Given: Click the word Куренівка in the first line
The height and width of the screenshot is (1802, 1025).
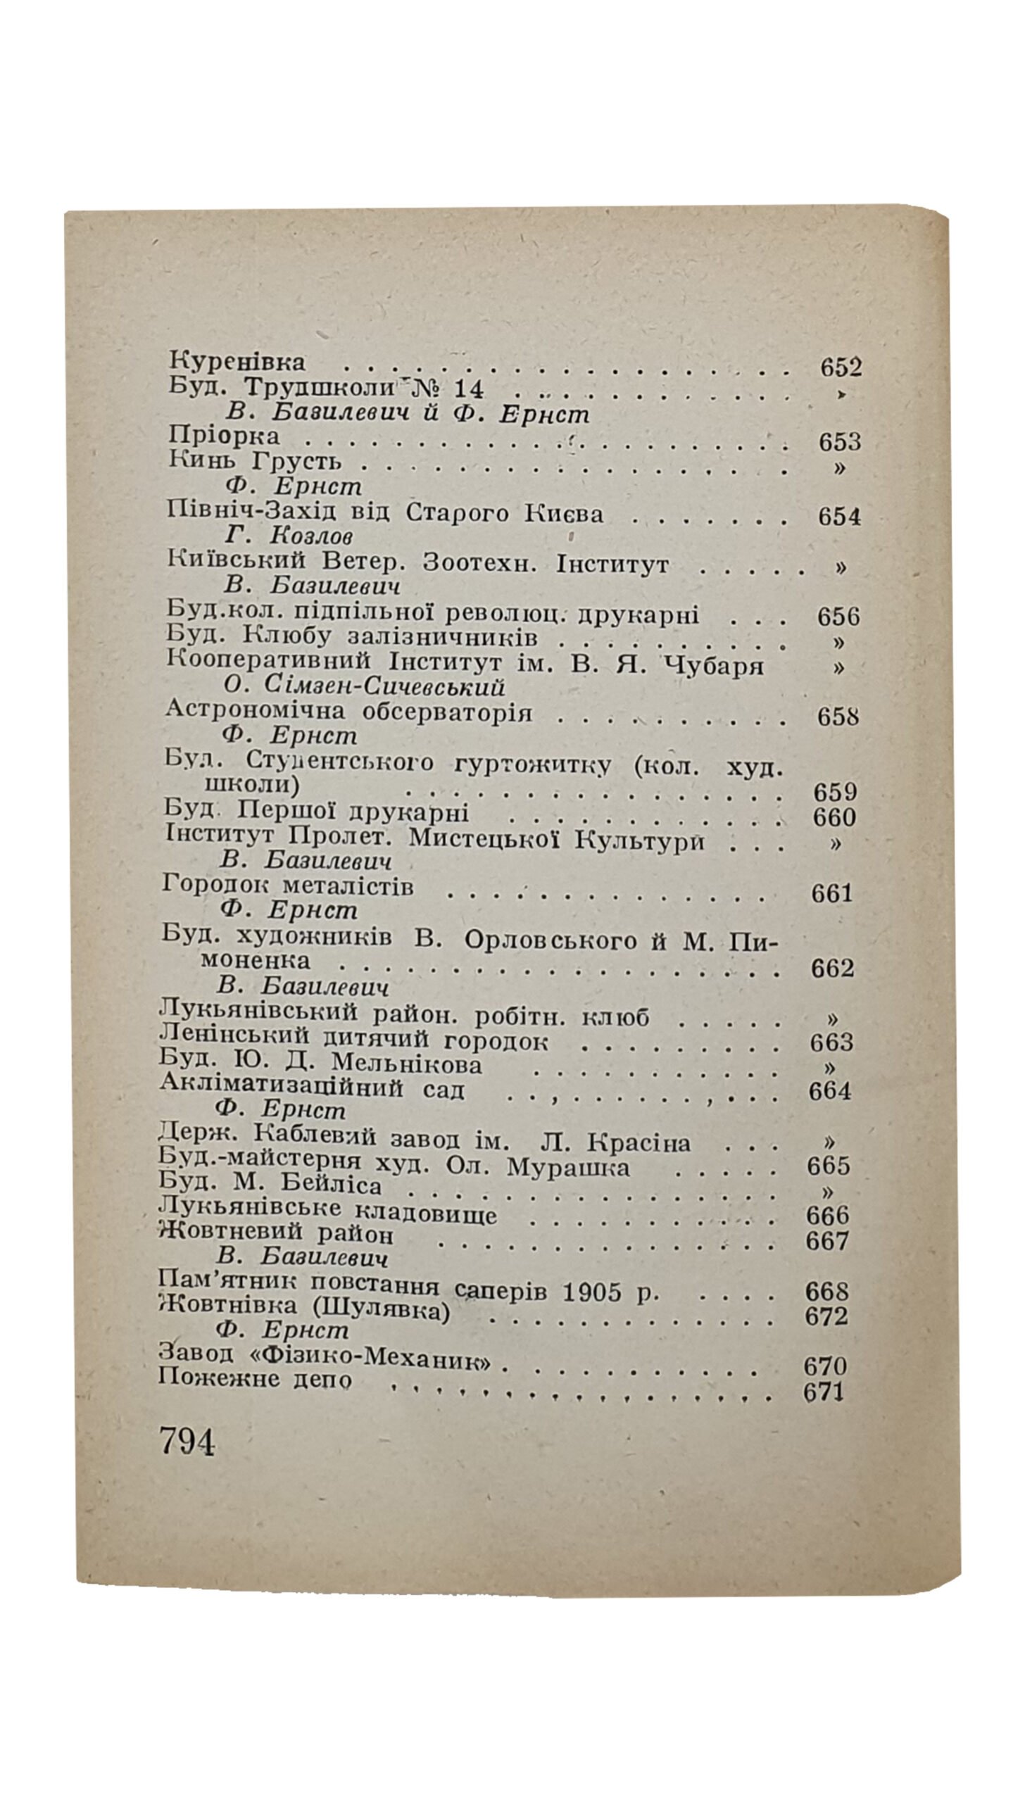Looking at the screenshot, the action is click(x=238, y=362).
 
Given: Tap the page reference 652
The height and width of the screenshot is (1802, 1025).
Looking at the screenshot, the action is click(x=841, y=367).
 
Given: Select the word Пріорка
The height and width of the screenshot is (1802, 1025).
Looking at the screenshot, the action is click(x=225, y=436).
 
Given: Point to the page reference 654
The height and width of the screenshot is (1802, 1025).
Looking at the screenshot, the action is click(x=839, y=517).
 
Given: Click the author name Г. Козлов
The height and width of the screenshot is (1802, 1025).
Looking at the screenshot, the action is click(x=289, y=537).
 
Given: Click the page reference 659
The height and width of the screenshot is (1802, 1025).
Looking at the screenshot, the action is click(x=834, y=793).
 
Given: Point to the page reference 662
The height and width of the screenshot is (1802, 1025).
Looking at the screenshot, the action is click(x=832, y=969).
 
